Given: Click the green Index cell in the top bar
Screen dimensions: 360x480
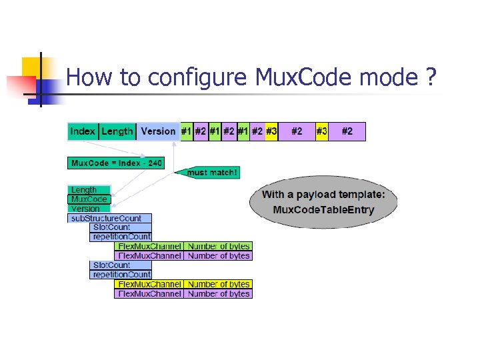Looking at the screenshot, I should [83, 131].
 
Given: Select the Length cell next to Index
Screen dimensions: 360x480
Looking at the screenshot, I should [117, 131].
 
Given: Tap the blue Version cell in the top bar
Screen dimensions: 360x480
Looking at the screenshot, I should [158, 131].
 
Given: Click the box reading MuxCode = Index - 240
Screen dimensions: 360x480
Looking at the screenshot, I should [115, 163].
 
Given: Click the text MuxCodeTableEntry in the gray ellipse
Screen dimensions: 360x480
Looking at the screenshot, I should [323, 210].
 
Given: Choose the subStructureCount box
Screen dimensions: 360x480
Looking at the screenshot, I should [110, 218].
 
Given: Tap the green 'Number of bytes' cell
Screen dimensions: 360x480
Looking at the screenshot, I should [219, 246].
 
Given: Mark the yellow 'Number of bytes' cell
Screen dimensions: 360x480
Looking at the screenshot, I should [219, 284].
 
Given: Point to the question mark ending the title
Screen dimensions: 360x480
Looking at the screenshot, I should [431, 78].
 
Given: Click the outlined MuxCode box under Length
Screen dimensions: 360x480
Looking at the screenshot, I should [89, 199].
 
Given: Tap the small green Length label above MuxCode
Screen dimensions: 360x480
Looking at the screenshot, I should [85, 190].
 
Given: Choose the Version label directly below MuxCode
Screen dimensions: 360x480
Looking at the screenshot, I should [85, 209].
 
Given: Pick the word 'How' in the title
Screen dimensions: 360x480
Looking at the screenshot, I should [89, 78].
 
